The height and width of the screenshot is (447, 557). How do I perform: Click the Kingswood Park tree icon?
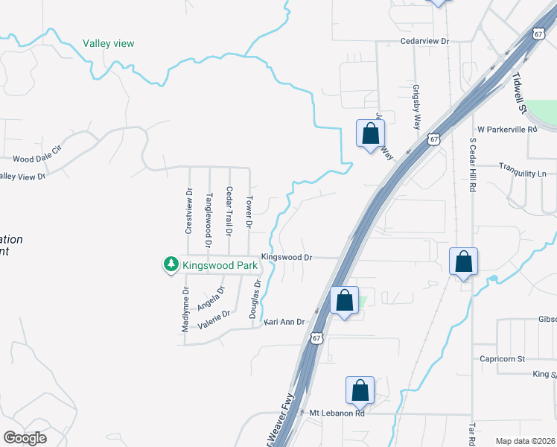point(171,264)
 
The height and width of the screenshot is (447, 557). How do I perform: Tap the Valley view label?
point(109,43)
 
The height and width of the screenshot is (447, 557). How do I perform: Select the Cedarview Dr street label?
point(425,42)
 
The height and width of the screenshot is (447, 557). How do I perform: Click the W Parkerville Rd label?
point(507,129)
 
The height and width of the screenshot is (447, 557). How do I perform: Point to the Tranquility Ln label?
point(522,174)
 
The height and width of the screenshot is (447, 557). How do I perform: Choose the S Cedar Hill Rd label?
point(472,165)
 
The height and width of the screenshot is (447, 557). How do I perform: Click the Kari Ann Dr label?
point(284,322)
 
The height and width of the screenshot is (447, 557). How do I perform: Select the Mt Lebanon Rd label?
point(337,413)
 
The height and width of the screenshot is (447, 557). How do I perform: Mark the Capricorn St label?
point(503,358)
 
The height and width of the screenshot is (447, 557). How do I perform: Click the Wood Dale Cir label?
point(36,159)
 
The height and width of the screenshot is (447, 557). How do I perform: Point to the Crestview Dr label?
point(188,211)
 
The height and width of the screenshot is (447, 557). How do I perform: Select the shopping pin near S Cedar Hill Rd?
point(463,262)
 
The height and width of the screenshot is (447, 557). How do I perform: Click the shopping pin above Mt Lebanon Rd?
point(360,390)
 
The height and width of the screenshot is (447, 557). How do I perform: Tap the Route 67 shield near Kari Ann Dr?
point(318,338)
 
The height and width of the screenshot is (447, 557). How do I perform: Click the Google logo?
point(25,437)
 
